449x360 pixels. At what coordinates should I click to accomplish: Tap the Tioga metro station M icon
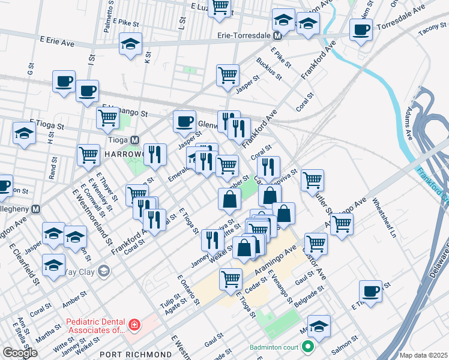135,140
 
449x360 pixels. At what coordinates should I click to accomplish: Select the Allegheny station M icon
36,209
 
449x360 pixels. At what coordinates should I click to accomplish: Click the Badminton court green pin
308,347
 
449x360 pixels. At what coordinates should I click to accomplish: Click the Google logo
20,353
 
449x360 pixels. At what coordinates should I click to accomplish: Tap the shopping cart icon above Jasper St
228,75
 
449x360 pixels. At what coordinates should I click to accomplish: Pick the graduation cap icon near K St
130,44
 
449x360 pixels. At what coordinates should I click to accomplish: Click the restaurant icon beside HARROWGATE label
155,154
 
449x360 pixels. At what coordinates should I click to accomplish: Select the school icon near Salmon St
319,326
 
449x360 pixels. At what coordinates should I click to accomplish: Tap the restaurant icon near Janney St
212,240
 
